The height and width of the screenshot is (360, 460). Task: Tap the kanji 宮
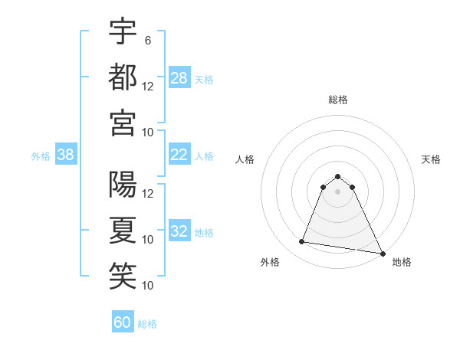(123, 123)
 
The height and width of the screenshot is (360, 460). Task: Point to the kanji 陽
(123, 184)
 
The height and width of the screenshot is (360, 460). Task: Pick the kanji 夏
(123, 230)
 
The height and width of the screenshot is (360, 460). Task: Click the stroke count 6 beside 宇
(147, 41)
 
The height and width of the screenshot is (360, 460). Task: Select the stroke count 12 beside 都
(148, 87)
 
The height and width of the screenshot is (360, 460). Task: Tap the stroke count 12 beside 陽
(148, 194)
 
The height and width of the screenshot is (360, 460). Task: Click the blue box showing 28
(179, 78)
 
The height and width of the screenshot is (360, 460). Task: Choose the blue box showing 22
(179, 155)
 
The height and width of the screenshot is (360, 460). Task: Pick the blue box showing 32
(179, 231)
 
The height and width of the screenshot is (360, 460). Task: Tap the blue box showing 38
(65, 155)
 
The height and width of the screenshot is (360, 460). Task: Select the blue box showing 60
(123, 322)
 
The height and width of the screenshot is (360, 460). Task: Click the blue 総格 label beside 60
(147, 324)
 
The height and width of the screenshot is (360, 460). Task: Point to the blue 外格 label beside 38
(41, 156)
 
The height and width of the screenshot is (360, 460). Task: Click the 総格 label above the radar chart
(338, 100)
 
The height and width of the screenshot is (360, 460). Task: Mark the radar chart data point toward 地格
(382, 254)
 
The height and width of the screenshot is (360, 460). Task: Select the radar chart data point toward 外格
(302, 242)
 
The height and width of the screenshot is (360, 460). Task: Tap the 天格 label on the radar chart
(432, 159)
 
